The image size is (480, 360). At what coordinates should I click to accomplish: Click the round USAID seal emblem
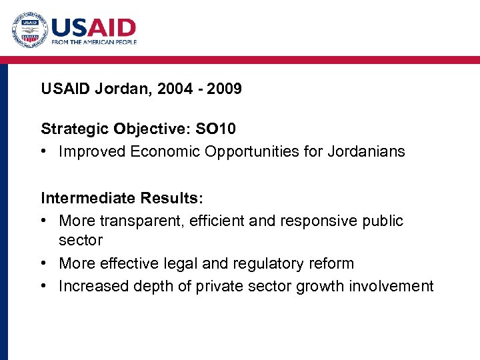30,30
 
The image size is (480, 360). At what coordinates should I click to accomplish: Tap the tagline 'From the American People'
94,42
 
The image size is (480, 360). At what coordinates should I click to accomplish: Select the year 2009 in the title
224,89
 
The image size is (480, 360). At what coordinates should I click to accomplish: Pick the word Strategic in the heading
75,128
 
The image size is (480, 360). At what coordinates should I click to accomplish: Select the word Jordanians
366,151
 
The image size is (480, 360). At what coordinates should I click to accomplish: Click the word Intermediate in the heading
89,198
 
